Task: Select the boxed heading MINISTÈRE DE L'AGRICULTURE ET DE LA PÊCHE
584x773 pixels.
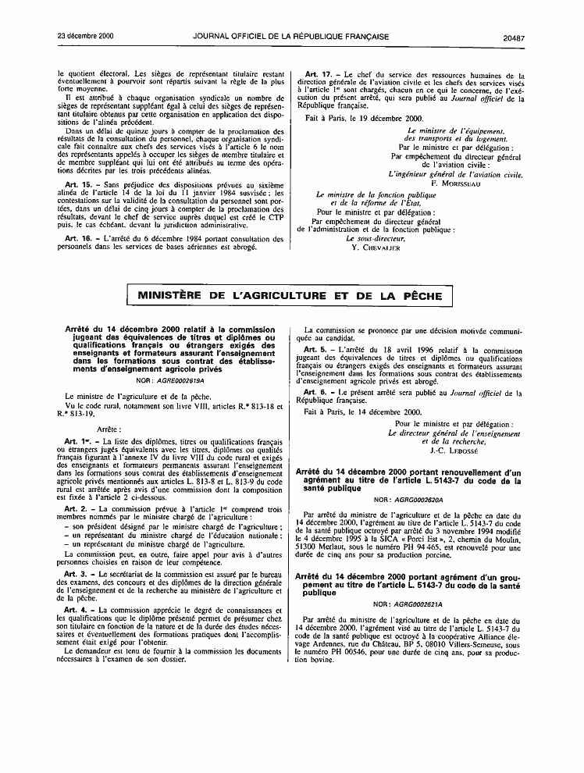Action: [x=290, y=296]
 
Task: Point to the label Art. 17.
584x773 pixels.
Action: [x=318, y=76]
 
